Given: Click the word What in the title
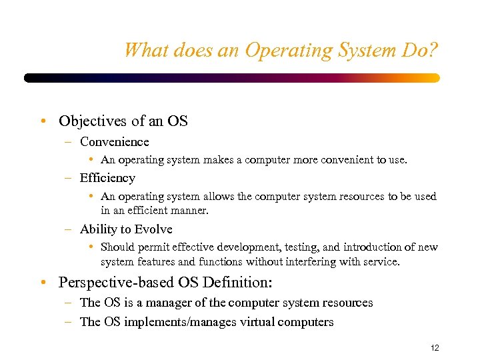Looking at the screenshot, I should pos(143,50).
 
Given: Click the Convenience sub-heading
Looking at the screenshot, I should pos(114,142).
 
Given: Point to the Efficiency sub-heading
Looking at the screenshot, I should pos(107,178).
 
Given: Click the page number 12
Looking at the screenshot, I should pos(435,348).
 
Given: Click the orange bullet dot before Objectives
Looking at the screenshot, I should pos(43,122).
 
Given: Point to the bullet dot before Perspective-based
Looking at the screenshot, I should pos(43,283).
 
